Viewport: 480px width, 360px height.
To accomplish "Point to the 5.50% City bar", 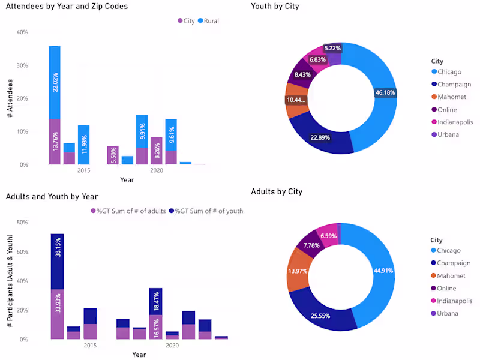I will [x=113, y=155].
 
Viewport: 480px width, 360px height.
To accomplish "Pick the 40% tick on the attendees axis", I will [x=22, y=32].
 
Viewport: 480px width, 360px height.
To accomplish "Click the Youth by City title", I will [x=275, y=7].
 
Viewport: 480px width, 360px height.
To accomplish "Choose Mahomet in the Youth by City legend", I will [x=451, y=97].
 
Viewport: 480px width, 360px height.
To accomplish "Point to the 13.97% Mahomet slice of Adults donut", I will [x=298, y=272].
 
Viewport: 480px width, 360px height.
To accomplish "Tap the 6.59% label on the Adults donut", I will [x=329, y=236].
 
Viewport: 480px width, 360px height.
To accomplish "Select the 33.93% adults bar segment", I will [x=57, y=314].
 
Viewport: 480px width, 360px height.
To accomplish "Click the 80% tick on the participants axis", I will [x=22, y=223].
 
